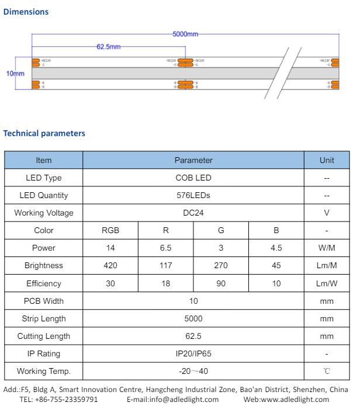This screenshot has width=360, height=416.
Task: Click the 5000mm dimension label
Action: tap(185, 34)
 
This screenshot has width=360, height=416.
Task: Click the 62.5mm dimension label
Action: tap(108, 47)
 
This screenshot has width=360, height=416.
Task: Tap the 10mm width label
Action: tap(15, 74)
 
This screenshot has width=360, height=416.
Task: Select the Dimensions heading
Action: tap(26, 12)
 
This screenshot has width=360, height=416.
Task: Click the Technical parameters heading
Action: tap(44, 133)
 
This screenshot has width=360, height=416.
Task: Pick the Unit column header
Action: tap(327, 160)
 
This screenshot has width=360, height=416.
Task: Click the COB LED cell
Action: tap(193, 178)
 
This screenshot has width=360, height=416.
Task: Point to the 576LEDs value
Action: tap(193, 195)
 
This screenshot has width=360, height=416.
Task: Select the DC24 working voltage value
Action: tap(193, 213)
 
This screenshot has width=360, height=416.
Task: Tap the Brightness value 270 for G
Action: tap(221, 265)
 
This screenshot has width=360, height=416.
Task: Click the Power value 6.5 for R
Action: tap(165, 248)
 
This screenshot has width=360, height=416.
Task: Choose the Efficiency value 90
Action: tap(221, 283)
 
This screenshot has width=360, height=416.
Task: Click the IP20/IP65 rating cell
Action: tap(193, 353)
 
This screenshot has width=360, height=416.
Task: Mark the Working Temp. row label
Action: tap(44, 371)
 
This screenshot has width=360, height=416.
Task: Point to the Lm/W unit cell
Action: tap(327, 283)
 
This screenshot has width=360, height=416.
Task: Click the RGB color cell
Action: tap(110, 230)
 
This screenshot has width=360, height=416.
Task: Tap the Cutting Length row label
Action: tap(44, 336)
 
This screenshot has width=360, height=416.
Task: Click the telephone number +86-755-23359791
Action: tap(67, 400)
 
